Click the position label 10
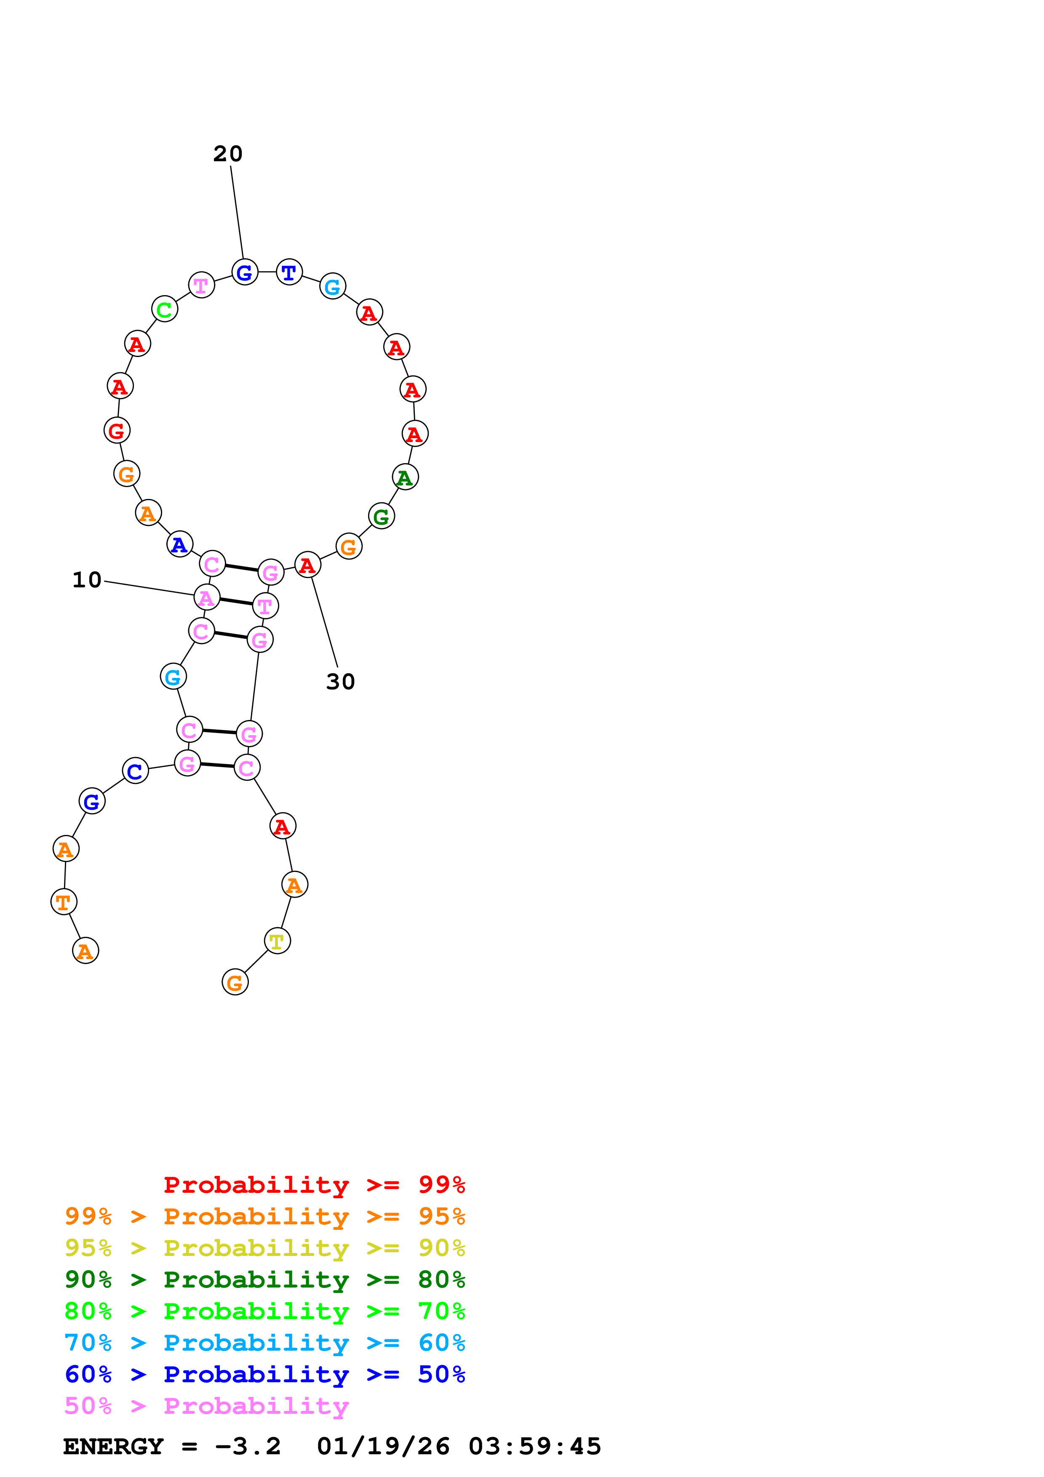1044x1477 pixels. pos(87,580)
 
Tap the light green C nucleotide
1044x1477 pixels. pos(165,309)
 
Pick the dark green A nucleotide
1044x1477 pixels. pos(405,477)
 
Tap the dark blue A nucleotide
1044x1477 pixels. pos(179,544)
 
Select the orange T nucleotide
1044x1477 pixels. pos(64,902)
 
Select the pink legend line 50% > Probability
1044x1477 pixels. pos(206,1406)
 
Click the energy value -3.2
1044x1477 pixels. pos(248,1447)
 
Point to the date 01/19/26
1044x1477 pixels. pos(383,1447)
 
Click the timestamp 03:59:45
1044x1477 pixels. pos(534,1447)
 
